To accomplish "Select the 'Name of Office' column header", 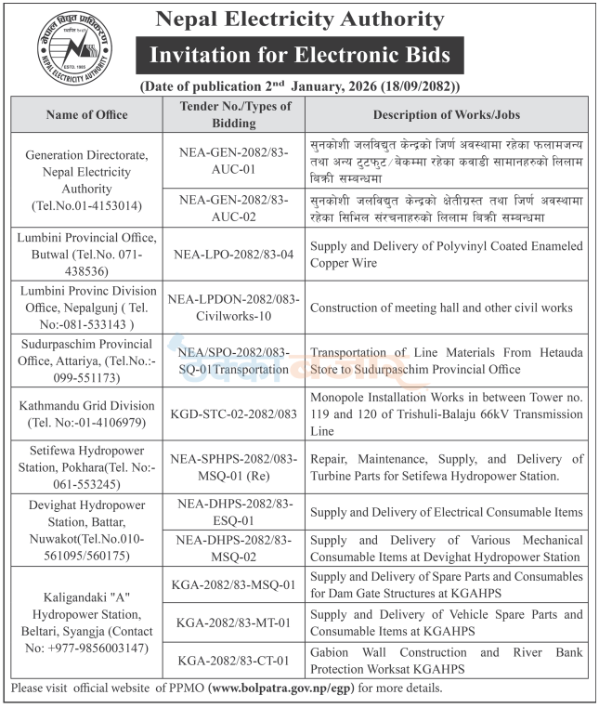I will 84,114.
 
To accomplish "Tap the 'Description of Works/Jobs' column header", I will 446,114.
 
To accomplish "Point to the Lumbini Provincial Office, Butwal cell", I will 84,254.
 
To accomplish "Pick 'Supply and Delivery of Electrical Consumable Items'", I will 447,512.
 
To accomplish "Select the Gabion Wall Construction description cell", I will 447,661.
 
